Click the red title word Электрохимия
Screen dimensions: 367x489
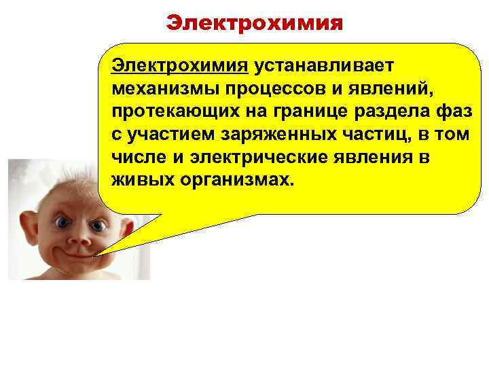(255, 24)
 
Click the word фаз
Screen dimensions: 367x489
(454, 112)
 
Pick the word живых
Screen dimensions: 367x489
(135, 181)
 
